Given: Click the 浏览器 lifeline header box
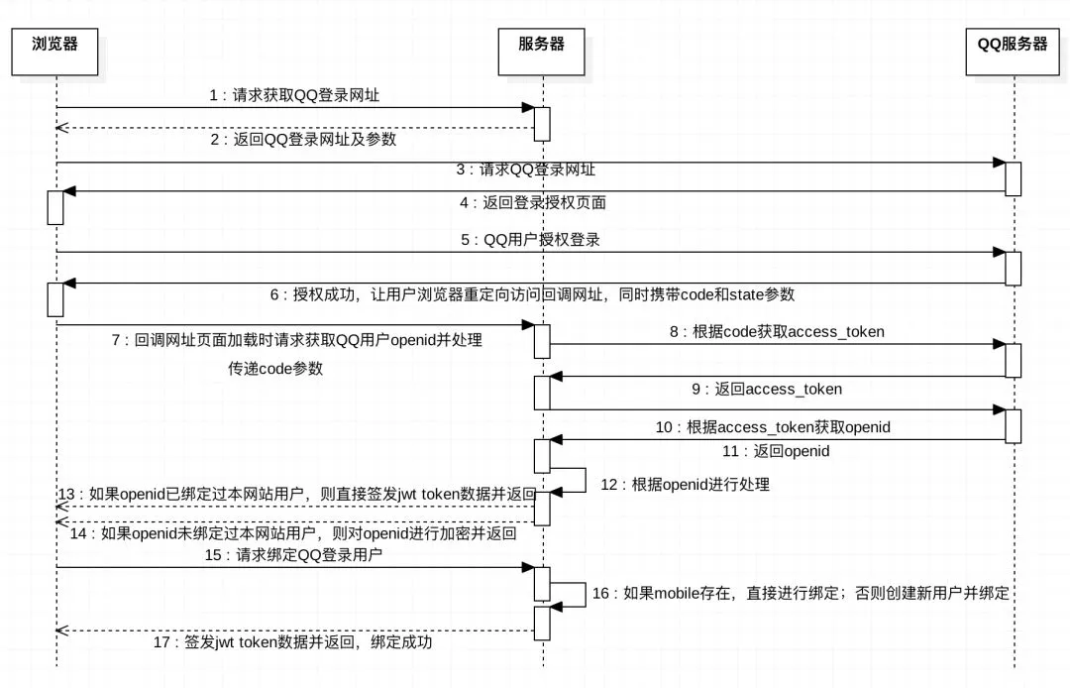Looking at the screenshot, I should click(x=55, y=53).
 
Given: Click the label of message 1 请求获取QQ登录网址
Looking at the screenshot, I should click(x=294, y=96).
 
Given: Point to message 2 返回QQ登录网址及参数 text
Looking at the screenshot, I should click(x=303, y=139).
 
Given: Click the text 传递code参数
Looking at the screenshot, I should click(x=275, y=368).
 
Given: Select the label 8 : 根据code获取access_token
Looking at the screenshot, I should click(x=776, y=332).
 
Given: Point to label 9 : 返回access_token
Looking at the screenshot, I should click(x=767, y=389).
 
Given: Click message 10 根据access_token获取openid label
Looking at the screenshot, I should click(x=773, y=427).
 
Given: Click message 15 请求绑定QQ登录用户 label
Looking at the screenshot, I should click(x=294, y=555).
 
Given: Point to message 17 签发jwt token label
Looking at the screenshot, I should click(x=293, y=642).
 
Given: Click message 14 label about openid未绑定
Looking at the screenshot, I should click(x=293, y=533).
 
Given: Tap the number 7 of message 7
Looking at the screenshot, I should click(x=117, y=340).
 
